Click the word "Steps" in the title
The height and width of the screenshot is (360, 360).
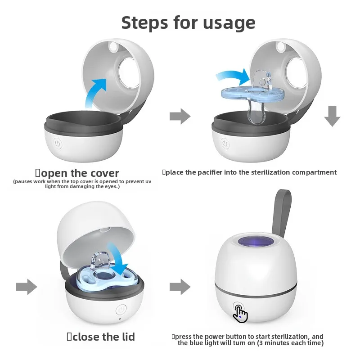coord(144,22)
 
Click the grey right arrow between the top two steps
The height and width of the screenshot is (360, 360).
coord(180,117)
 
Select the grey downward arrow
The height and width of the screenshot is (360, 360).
coord(332,116)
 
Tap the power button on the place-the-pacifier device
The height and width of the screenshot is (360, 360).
coord(225,144)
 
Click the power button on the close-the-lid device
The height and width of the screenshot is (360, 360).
coord(121,310)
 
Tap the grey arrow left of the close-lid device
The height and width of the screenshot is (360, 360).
coord(27,287)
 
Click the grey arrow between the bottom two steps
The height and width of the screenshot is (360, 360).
coord(180,287)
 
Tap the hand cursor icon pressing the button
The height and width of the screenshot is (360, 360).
coord(241,314)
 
